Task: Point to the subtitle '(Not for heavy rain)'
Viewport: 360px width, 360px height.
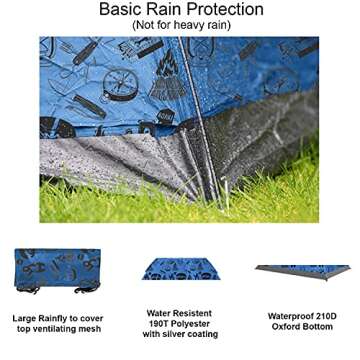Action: (180, 26)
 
